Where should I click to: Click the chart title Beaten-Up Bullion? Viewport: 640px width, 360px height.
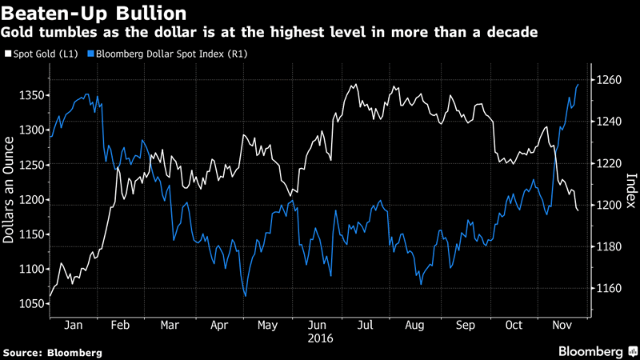click(96, 14)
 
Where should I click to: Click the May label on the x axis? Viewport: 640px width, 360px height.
click(269, 326)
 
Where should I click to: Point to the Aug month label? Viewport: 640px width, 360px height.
click(415, 326)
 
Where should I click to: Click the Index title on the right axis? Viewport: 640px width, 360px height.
click(630, 190)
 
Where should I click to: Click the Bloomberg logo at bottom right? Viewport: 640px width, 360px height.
click(592, 351)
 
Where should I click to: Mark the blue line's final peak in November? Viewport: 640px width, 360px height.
click(578, 84)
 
